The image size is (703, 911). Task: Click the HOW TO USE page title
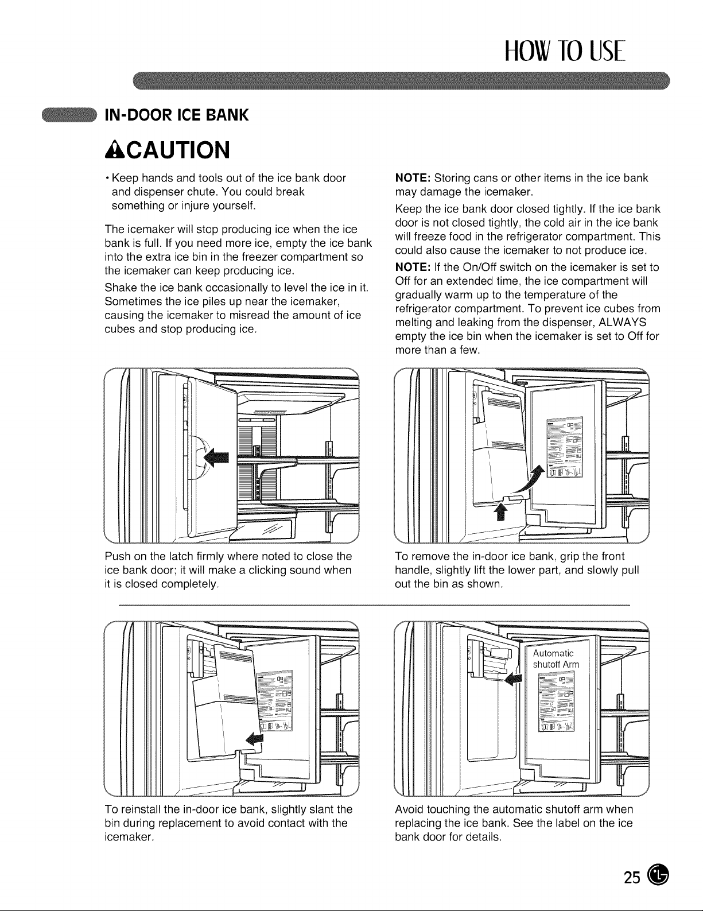click(x=566, y=51)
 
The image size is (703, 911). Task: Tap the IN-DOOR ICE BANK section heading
click(x=176, y=115)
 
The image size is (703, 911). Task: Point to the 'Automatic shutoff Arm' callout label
click(x=556, y=658)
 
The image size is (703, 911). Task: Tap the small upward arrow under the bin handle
click(x=499, y=511)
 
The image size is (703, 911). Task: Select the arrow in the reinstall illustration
click(x=254, y=738)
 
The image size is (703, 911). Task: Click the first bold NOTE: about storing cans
click(x=413, y=178)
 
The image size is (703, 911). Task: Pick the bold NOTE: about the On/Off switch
click(x=413, y=268)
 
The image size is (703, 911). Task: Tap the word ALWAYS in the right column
click(x=623, y=323)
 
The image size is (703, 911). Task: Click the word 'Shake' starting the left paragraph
click(x=121, y=288)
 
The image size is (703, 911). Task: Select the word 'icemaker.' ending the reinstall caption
click(x=130, y=837)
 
